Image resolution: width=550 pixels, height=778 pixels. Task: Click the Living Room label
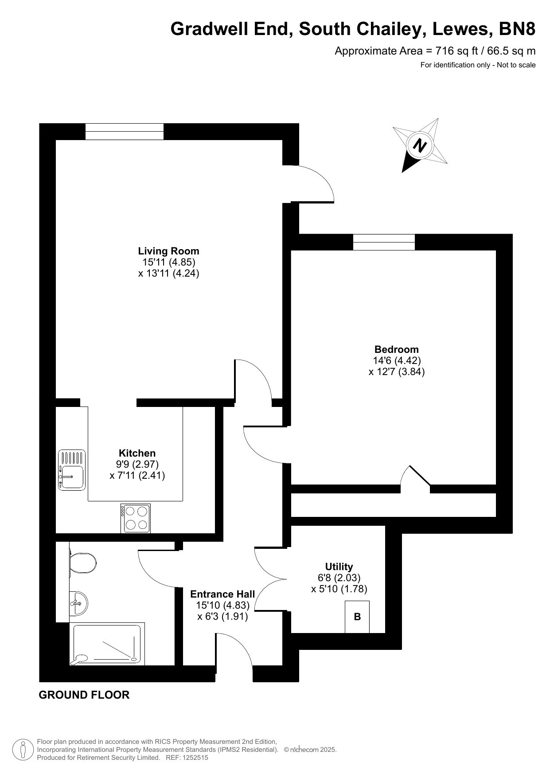point(168,251)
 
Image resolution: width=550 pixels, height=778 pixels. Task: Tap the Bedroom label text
point(396,349)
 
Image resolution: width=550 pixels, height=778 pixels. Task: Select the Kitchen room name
point(137,453)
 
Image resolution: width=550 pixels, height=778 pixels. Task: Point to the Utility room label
point(339,567)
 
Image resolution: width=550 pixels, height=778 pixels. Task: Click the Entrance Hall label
point(222,594)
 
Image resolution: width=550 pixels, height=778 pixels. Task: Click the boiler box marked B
point(357,617)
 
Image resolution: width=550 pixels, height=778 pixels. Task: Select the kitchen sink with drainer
point(72,470)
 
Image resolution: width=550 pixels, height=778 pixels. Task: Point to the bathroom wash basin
point(78,603)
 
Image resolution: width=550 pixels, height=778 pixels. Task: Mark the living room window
point(125,131)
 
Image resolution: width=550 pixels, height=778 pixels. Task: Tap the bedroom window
point(384,242)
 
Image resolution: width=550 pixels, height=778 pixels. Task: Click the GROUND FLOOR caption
point(84,695)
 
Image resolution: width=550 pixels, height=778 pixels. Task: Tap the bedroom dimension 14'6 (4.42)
point(396,360)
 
